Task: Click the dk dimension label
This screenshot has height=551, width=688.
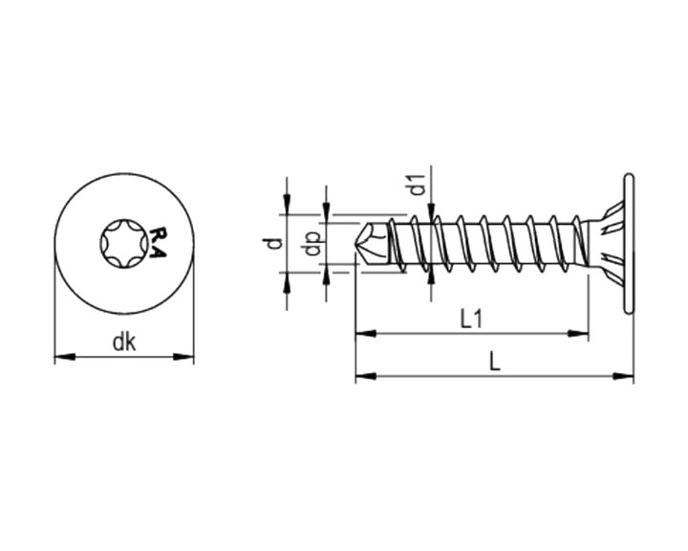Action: coord(124,342)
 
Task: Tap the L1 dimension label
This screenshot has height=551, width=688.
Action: coord(472,319)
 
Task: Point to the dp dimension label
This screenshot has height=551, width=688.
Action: coord(312,244)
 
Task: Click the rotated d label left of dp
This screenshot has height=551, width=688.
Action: coord(273,243)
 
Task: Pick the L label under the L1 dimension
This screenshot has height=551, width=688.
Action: coord(495,363)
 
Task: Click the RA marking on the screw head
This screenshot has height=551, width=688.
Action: coord(159,243)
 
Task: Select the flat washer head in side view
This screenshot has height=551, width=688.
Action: coord(629,243)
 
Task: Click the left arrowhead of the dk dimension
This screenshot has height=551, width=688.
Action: coord(64,357)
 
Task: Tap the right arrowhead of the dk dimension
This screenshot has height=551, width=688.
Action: coord(183,357)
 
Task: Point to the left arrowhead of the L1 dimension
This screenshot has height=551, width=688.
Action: coord(366,333)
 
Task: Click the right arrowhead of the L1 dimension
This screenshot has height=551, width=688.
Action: coord(577,333)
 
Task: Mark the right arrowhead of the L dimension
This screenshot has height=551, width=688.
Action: coord(623,376)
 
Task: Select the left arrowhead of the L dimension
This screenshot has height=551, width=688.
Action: coord(366,376)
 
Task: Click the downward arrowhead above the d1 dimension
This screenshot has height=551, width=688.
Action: coord(432,210)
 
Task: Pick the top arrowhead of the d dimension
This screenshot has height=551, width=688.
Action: coord(287,206)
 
